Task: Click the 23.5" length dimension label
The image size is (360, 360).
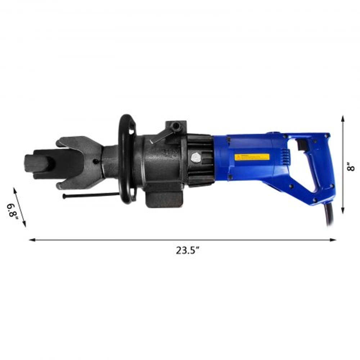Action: point(188,251)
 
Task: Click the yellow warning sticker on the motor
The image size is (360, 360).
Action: point(252,157)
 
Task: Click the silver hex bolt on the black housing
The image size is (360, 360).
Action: point(195,157)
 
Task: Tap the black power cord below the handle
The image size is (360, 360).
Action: point(330,216)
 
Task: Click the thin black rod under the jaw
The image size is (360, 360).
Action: point(90,195)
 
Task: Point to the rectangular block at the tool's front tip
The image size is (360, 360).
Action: point(36,164)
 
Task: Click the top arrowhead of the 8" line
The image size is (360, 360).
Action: point(343,118)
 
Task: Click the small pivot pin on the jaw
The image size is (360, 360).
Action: point(95,161)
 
